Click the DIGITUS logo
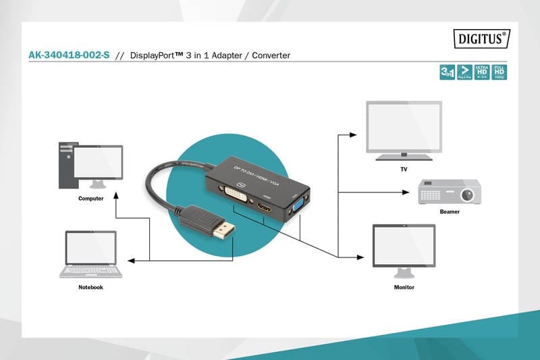(x=481, y=38)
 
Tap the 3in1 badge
(x=446, y=73)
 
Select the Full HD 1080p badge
(x=499, y=73)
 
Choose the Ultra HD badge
(x=481, y=73)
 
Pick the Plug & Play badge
(x=464, y=73)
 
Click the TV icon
(x=404, y=130)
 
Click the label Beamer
(x=450, y=212)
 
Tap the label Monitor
(x=404, y=287)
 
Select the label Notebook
(x=90, y=287)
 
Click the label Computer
(x=90, y=199)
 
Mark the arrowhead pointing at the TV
(x=354, y=134)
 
